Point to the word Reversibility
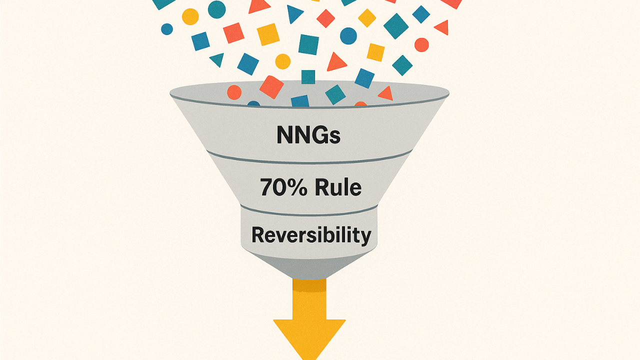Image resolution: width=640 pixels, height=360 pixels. [x=311, y=234]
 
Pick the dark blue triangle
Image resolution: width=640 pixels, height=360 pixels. [x=294, y=13]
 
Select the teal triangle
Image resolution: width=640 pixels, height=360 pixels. [x=217, y=59]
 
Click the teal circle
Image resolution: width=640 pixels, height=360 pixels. [x=216, y=9]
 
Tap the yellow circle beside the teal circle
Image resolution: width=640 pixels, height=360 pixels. [x=190, y=16]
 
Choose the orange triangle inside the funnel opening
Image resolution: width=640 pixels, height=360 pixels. [x=385, y=93]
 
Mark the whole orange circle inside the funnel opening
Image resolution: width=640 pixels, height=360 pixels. [x=234, y=92]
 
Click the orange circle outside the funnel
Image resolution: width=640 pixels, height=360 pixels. [x=421, y=44]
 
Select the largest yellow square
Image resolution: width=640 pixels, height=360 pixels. [x=268, y=34]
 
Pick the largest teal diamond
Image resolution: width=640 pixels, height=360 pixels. [x=396, y=26]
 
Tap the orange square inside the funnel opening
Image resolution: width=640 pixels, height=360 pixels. [x=271, y=87]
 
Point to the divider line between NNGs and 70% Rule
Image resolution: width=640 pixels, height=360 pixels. [x=309, y=160]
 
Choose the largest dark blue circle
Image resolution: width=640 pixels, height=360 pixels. [x=348, y=36]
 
